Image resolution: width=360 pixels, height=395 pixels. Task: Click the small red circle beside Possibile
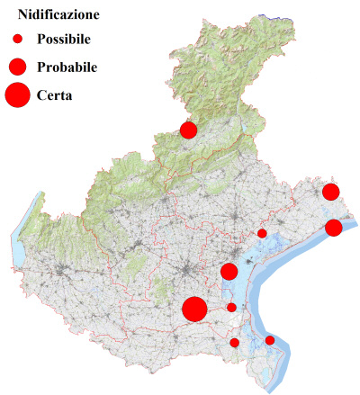point(16,39)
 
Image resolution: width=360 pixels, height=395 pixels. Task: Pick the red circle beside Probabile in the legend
point(16,67)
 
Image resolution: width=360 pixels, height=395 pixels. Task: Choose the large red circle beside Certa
point(16,94)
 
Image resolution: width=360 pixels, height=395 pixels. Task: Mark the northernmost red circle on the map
point(188,130)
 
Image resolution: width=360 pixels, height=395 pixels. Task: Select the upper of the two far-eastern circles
point(330,192)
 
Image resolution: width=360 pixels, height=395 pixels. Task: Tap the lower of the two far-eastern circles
point(333,228)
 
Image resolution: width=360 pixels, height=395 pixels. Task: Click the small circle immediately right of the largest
point(231,308)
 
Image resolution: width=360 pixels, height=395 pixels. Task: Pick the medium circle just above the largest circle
point(229,272)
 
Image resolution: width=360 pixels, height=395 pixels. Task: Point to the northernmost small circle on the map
point(262,233)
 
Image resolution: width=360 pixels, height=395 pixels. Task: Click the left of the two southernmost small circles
point(235,342)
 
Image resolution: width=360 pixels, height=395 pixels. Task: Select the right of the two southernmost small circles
point(269,340)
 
